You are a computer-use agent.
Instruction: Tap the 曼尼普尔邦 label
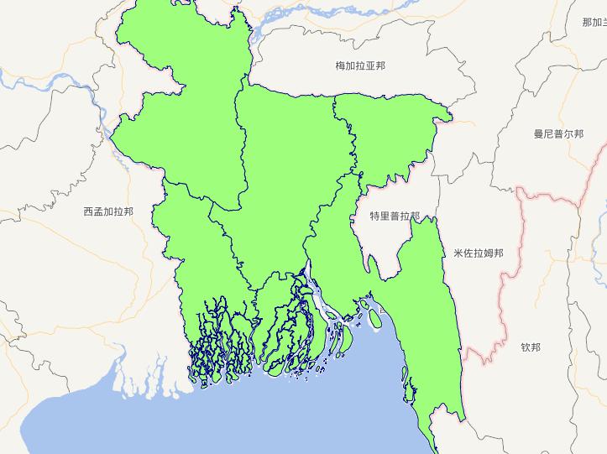[558, 133]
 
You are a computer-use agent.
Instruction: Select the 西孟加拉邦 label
[107, 211]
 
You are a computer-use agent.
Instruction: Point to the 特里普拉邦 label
[395, 216]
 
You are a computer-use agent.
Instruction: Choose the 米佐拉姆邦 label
[478, 253]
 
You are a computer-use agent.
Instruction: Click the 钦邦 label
[531, 347]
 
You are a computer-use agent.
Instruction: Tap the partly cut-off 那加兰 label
[594, 23]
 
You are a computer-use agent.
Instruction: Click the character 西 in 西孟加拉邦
[88, 211]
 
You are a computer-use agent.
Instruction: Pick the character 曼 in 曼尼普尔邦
[538, 133]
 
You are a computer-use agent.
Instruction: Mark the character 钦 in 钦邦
[526, 347]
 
